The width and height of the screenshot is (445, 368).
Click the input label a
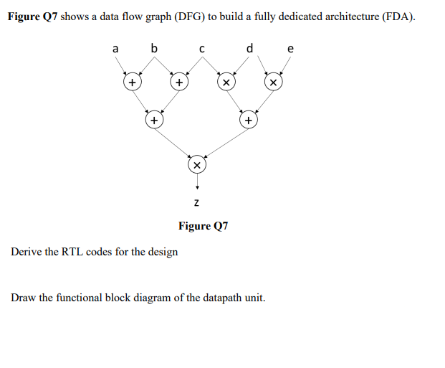point(115,49)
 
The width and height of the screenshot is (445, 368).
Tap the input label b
point(153,49)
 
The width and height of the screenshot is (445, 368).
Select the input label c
point(202,49)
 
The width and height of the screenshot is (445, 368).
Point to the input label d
point(249,49)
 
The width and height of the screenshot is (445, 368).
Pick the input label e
point(290,49)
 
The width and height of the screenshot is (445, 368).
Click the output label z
point(197,204)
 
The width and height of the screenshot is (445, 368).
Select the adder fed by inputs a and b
point(131,83)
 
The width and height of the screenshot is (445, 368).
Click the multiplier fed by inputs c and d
point(225,83)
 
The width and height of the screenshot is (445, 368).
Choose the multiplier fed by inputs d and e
point(272,83)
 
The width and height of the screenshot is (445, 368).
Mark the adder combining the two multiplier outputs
point(247,121)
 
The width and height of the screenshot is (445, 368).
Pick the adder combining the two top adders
point(153,121)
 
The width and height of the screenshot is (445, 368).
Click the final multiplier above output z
point(197,165)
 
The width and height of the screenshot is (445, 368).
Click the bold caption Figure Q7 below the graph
point(203,226)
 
